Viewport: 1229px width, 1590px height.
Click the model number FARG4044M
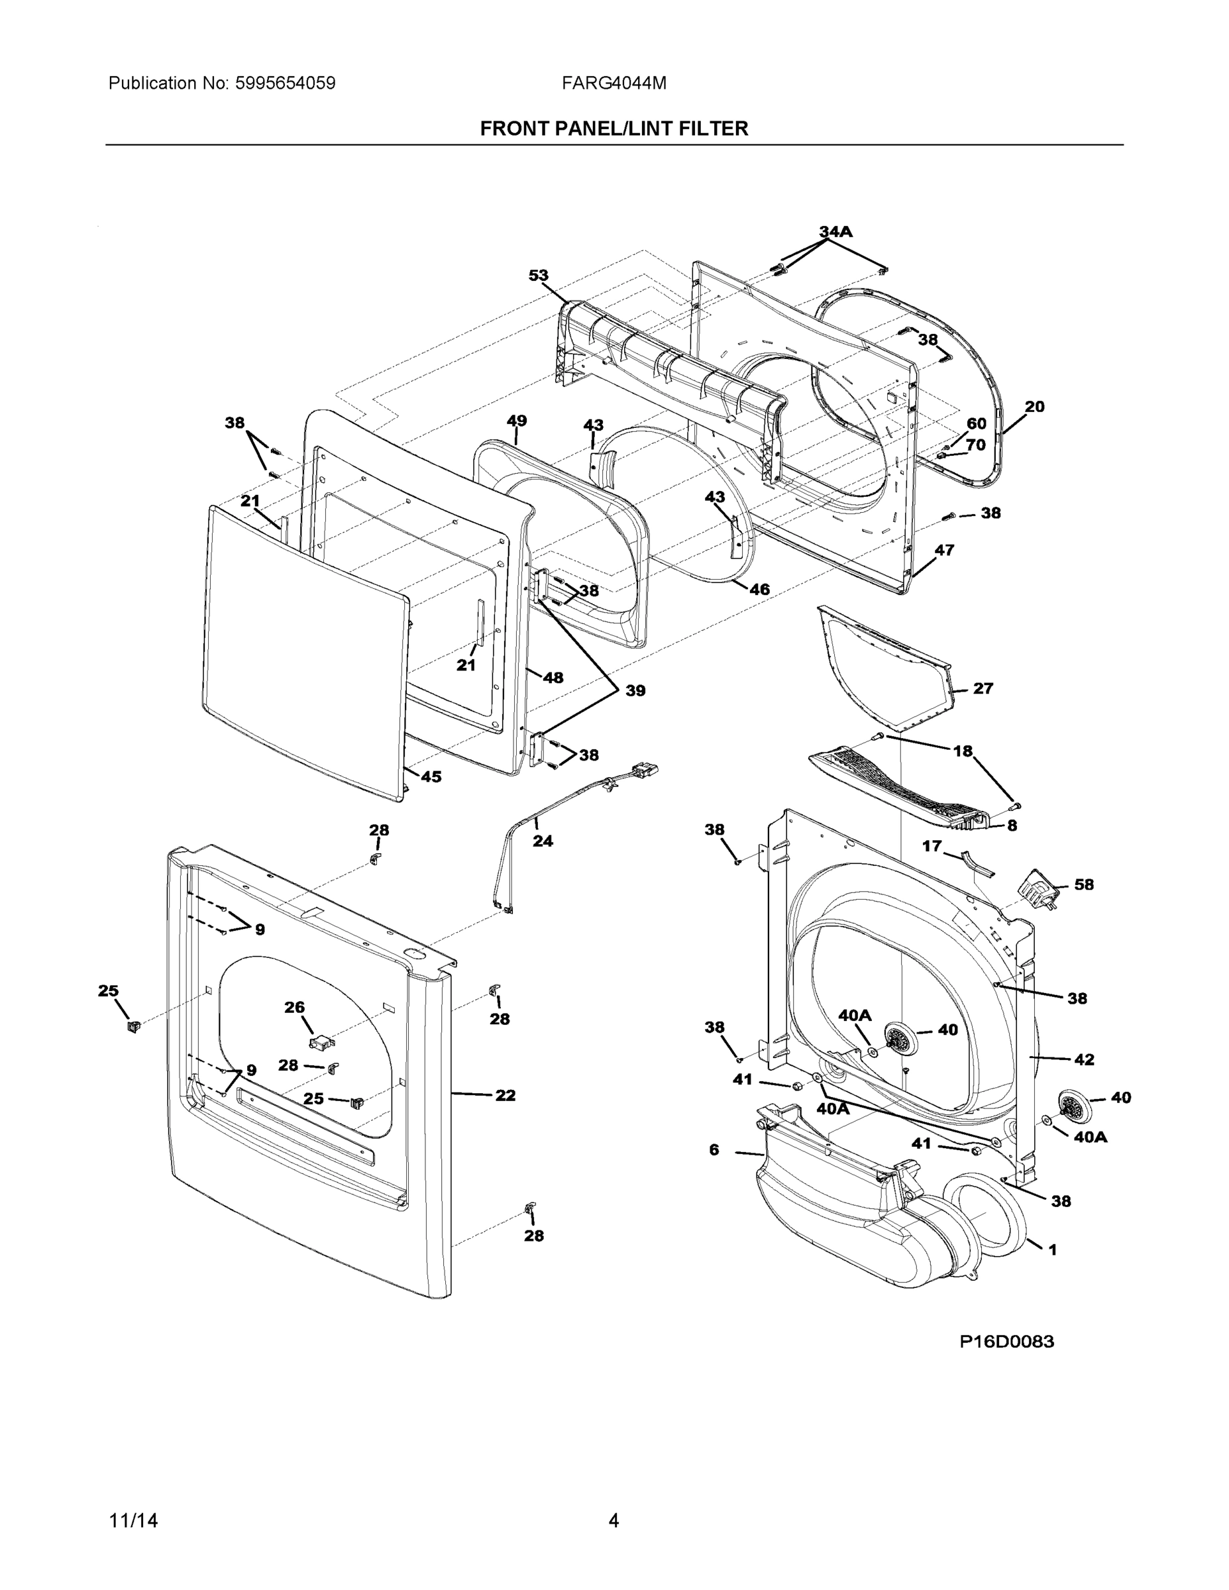coord(613,83)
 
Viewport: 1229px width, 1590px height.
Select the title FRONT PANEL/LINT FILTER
coord(614,129)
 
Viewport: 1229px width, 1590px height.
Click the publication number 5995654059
coord(286,83)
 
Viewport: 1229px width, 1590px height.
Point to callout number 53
coord(538,275)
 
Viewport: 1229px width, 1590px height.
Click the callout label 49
coord(516,421)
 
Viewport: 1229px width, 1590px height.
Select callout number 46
coord(759,589)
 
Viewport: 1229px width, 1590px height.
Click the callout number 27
coord(983,688)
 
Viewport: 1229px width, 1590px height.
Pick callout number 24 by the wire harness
coord(543,841)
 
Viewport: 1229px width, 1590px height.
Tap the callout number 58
coord(1084,884)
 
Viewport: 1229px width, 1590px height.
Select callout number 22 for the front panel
coord(506,1095)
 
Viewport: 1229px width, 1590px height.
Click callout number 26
coord(294,1007)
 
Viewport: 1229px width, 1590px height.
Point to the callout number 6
coord(714,1149)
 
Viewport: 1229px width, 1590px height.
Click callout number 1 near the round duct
coord(1052,1249)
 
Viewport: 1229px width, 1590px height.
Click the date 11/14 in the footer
coord(133,1521)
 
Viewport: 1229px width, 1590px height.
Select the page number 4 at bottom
coord(614,1521)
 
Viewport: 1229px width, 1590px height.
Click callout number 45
coord(431,777)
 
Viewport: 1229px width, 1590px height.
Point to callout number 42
coord(1084,1060)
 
